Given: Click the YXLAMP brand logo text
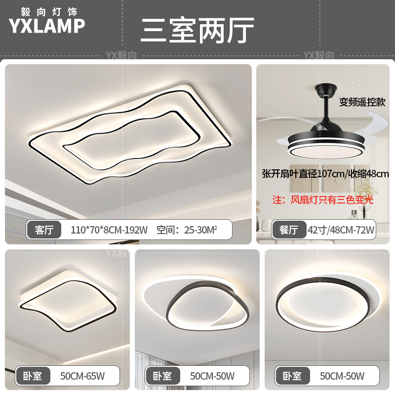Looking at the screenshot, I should (47, 26).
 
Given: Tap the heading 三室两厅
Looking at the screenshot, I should (197, 30).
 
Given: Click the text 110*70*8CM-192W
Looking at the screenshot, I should (109, 230).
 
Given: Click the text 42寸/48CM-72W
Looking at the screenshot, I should (341, 230).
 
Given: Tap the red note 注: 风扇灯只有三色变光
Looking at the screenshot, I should (323, 200).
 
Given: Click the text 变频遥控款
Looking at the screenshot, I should (362, 102).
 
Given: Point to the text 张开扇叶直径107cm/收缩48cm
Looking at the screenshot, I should (325, 174).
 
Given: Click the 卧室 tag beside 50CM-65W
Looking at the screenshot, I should (33, 376).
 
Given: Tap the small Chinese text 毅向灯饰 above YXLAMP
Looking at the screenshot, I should (47, 10).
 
